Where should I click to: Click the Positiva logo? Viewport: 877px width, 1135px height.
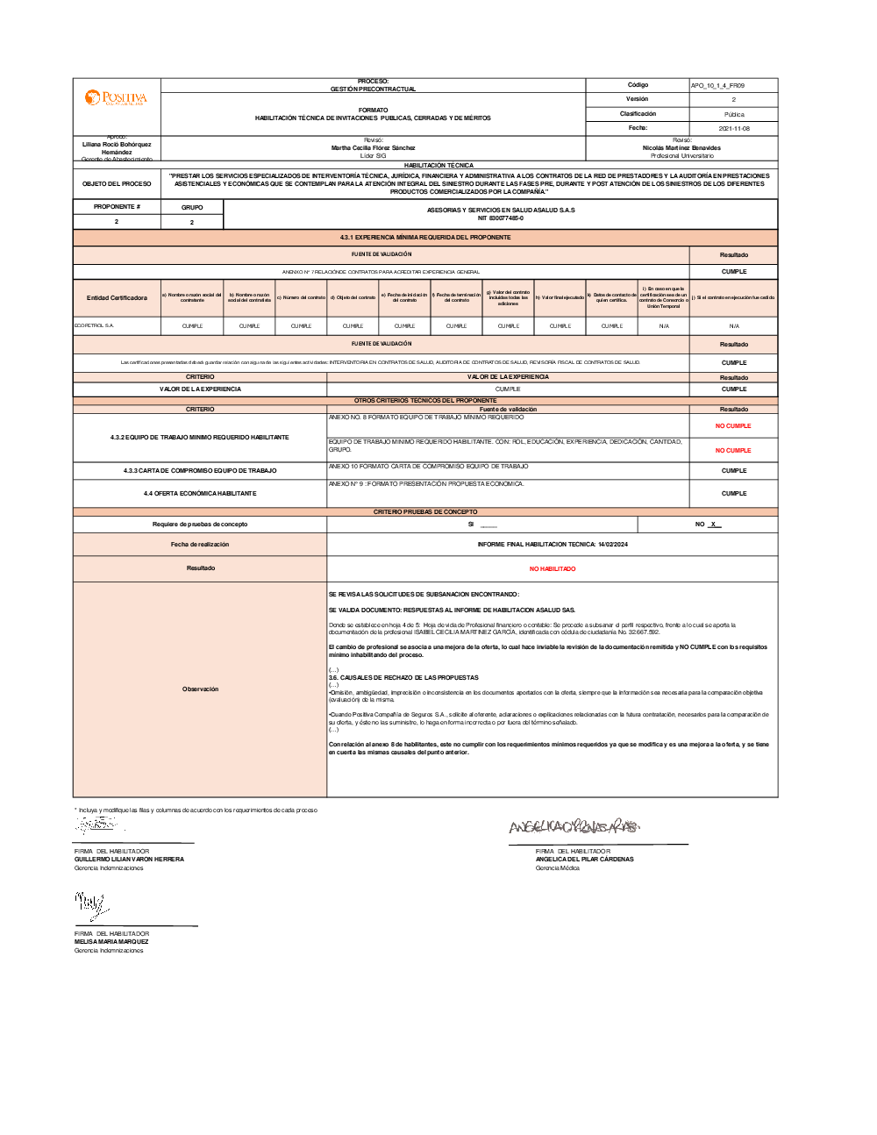pyautogui.click(x=116, y=97)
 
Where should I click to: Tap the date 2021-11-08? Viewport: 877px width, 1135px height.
pyautogui.click(x=734, y=129)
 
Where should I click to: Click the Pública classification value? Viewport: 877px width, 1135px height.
pyautogui.click(x=734, y=115)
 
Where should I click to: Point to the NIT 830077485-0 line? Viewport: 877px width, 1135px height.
pyautogui.click(x=501, y=218)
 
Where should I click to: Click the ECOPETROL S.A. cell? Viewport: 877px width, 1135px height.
pyautogui.click(x=95, y=326)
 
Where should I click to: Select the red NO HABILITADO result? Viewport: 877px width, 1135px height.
pyautogui.click(x=553, y=569)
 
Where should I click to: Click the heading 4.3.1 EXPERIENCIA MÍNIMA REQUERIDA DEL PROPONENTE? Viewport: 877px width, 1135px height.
pyautogui.click(x=425, y=238)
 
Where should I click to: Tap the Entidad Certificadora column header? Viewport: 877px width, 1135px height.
pyautogui.click(x=117, y=298)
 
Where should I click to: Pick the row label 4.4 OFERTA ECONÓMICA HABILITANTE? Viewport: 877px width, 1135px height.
pyautogui.click(x=200, y=494)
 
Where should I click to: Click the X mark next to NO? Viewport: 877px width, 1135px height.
pyautogui.click(x=714, y=525)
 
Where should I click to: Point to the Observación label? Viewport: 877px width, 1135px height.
pyautogui.click(x=200, y=689)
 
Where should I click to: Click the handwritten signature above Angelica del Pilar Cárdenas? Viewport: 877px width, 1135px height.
pyautogui.click(x=574, y=826)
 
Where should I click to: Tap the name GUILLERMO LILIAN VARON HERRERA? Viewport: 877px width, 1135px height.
pyautogui.click(x=129, y=860)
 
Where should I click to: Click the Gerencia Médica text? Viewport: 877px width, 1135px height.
pyautogui.click(x=558, y=868)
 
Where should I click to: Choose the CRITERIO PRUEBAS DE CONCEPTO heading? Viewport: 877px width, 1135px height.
pyautogui.click(x=425, y=512)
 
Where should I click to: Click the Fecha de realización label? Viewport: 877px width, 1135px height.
pyautogui.click(x=200, y=545)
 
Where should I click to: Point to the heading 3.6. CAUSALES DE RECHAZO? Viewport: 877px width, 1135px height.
pyautogui.click(x=403, y=678)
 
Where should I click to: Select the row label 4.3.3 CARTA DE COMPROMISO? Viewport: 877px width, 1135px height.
pyautogui.click(x=200, y=471)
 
